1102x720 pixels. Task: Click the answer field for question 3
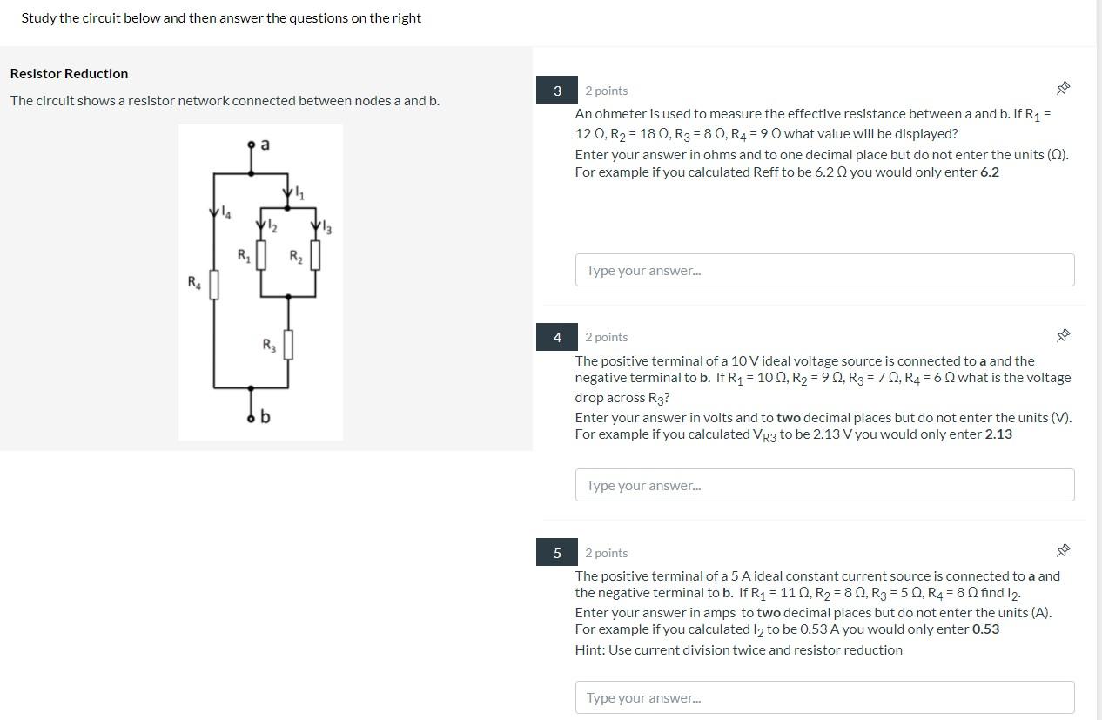coord(824,270)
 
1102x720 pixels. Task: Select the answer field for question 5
coord(824,697)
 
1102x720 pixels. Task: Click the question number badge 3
coord(557,91)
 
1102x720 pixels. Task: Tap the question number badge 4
coord(557,337)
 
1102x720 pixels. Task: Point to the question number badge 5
coord(557,553)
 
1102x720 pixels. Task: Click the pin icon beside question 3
coord(1062,89)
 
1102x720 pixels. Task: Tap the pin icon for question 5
coord(1062,550)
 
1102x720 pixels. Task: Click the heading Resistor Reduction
coord(69,73)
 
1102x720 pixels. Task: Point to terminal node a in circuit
coord(252,145)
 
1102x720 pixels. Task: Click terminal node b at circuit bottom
coord(252,418)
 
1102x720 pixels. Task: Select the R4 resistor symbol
coord(214,285)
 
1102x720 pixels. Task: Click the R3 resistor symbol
coord(288,344)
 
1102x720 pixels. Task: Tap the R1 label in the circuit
coord(244,256)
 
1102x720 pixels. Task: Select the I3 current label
coord(326,229)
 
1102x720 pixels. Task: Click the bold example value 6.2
coord(989,172)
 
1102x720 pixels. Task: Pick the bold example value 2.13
coord(998,434)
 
